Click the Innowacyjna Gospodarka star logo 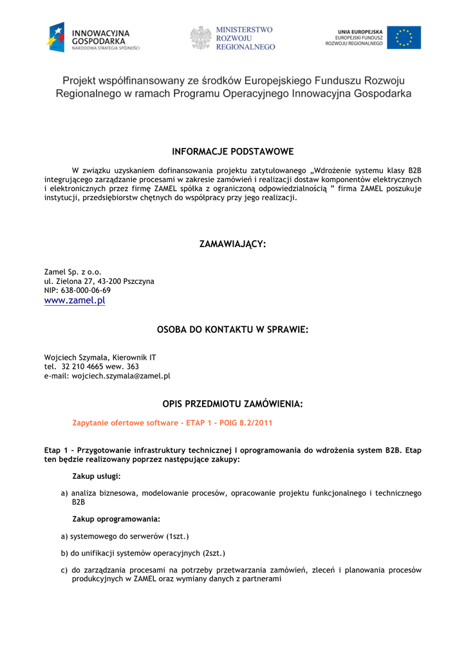(x=56, y=37)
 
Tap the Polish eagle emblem (x=201, y=38)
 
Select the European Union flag (x=404, y=38)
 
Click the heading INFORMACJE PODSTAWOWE (x=232, y=152)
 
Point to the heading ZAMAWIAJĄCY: (x=232, y=244)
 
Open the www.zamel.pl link (x=74, y=301)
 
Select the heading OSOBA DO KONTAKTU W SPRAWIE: (x=232, y=329)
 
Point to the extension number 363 (x=133, y=367)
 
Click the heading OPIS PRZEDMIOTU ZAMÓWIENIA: (x=232, y=404)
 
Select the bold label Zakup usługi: (x=97, y=476)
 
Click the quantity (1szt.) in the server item (x=178, y=536)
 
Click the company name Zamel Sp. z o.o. (x=73, y=272)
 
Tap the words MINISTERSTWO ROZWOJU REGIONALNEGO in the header (x=245, y=38)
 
